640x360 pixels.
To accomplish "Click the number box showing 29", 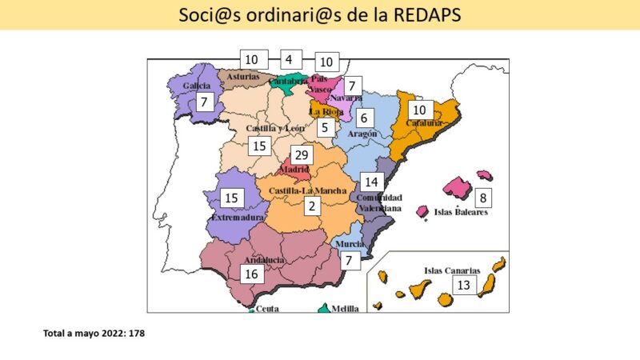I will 301,155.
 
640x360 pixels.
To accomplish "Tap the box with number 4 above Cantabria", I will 288,58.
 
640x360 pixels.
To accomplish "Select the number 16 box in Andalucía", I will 252,274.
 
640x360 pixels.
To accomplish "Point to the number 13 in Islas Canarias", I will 463,285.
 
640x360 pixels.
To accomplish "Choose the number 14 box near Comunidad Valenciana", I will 371,181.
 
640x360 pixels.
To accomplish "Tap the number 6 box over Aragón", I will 363,118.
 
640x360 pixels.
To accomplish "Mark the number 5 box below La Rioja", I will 324,126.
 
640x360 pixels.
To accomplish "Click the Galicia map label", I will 197,85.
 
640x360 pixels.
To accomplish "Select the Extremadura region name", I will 238,217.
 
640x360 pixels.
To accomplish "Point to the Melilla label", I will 345,308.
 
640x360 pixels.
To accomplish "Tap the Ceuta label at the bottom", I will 268,308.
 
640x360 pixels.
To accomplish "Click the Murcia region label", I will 350,243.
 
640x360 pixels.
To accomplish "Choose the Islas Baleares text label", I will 461,212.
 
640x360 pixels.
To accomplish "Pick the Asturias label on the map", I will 242,77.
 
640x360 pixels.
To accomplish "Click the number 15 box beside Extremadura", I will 232,197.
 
